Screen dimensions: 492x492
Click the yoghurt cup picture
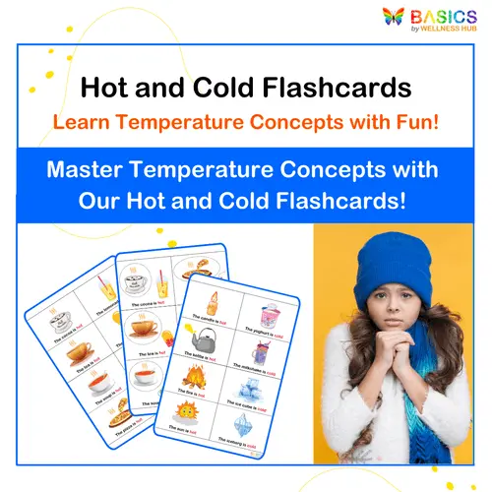(269, 317)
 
